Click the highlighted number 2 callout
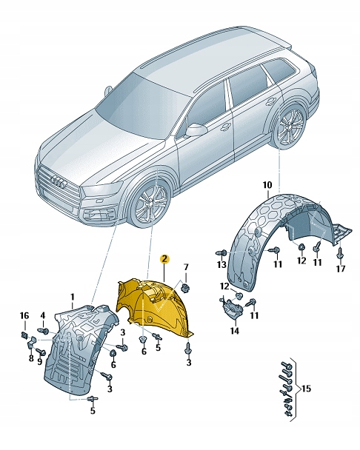pyautogui.click(x=165, y=260)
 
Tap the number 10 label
pyautogui.click(x=267, y=184)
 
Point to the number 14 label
pyautogui.click(x=235, y=332)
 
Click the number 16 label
pyautogui.click(x=24, y=316)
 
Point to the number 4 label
pyautogui.click(x=43, y=316)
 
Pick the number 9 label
pyautogui.click(x=41, y=363)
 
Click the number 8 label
pyautogui.click(x=30, y=358)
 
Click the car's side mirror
pyautogui.click(x=196, y=130)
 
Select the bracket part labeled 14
pyautogui.click(x=233, y=309)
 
